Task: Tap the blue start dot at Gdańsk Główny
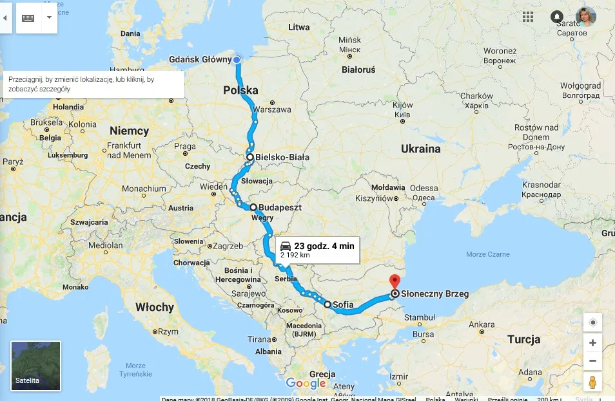[237, 60]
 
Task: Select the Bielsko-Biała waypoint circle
[250, 157]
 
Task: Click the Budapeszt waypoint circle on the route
[253, 207]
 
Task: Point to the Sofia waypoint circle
[327, 304]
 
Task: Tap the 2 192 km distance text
[295, 255]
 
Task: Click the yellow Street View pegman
[592, 382]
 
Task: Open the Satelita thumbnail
[36, 366]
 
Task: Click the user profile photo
[586, 17]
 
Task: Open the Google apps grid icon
[528, 17]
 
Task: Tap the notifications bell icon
[557, 17]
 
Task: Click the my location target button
[592, 322]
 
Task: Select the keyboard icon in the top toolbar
[28, 17]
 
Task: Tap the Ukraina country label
[420, 149]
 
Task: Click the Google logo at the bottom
[306, 384]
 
